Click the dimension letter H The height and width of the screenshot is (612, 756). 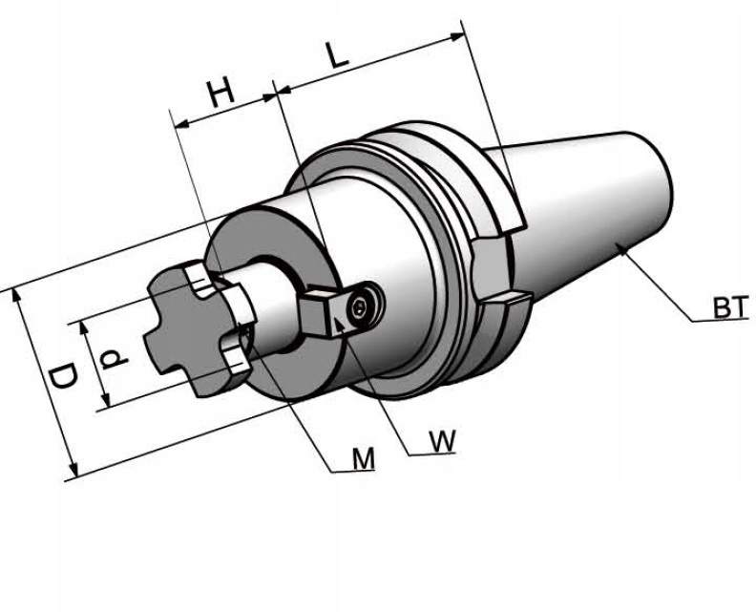(221, 93)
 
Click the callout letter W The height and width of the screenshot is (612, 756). (441, 440)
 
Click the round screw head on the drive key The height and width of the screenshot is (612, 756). (361, 306)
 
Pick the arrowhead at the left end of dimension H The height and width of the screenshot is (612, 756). (176, 123)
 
